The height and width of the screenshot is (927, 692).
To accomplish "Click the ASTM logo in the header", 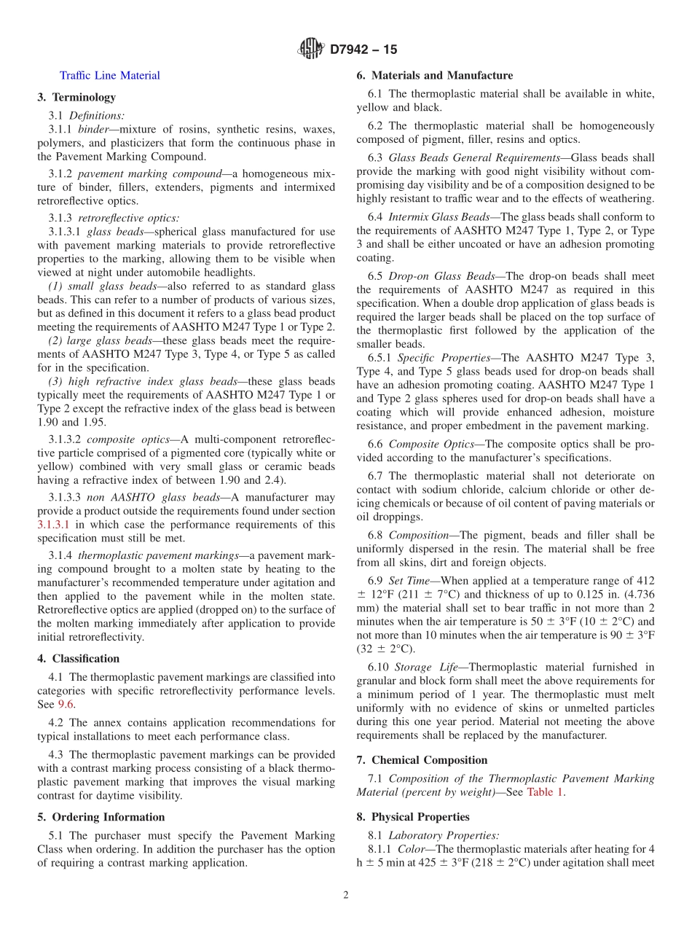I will point(311,50).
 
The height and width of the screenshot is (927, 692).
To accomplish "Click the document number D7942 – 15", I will point(363,50).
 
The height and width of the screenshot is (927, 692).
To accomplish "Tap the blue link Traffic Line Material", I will point(110,75).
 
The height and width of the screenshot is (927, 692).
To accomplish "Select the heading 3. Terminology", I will point(76,97).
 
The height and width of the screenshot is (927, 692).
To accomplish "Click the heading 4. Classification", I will point(78,658).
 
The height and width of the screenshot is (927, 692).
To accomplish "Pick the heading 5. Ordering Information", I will point(101,817).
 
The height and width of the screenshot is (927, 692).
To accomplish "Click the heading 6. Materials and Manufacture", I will point(434,75).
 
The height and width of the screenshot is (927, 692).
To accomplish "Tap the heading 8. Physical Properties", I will point(413,817).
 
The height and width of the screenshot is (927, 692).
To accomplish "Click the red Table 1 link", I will point(545,792).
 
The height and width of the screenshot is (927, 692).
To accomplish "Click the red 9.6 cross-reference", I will point(66,704).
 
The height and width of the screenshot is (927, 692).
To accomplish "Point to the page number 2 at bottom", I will point(346,896).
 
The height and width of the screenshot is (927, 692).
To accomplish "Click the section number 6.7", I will point(375,475).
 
